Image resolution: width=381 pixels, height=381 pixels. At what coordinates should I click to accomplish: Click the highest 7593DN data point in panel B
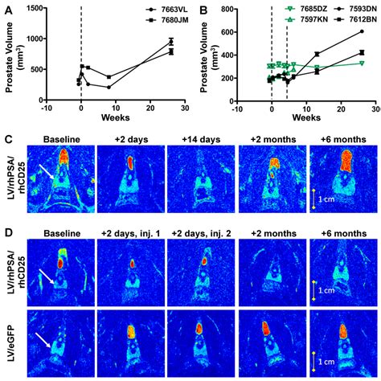[361, 31]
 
